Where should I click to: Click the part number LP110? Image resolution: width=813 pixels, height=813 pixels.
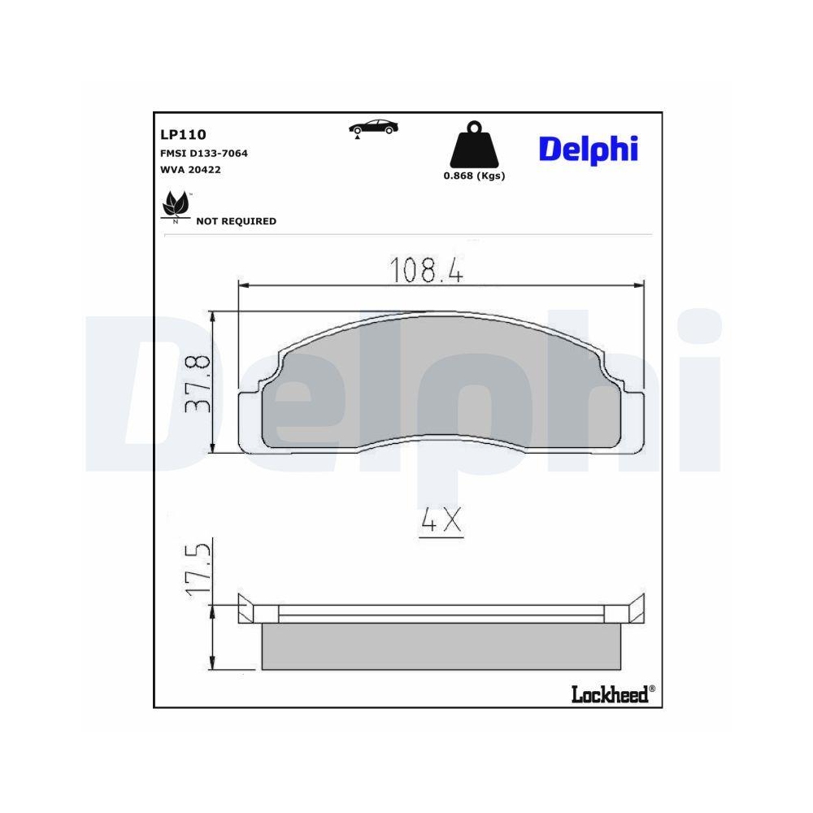click(x=184, y=135)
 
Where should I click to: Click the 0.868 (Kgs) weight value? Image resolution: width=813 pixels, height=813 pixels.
click(x=474, y=176)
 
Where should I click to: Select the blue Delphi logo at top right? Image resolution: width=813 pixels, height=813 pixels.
click(x=588, y=149)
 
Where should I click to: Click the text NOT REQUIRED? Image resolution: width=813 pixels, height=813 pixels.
click(x=236, y=221)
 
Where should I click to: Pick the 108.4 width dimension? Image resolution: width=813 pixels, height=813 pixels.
click(x=427, y=271)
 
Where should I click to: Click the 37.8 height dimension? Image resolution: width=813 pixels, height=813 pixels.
click(x=198, y=382)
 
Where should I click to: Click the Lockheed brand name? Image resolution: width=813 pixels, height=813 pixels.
click(x=611, y=693)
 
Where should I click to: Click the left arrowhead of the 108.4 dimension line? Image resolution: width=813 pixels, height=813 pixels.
click(x=243, y=285)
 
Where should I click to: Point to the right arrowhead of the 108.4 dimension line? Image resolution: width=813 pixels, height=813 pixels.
click(x=638, y=285)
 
